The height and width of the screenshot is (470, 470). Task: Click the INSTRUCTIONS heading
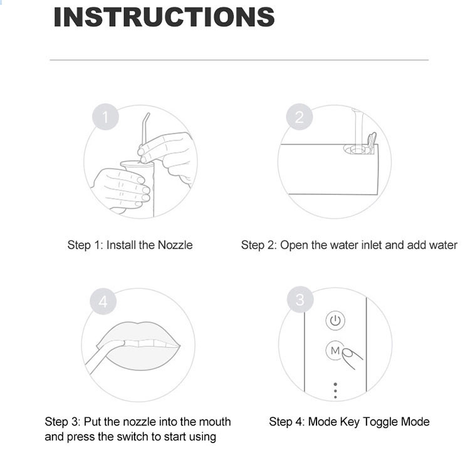click(x=164, y=17)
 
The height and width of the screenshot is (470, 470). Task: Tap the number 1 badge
click(x=105, y=117)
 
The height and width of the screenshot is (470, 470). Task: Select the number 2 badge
click(x=300, y=117)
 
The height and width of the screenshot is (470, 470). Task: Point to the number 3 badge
click(x=300, y=300)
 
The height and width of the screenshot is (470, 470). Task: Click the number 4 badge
click(x=103, y=301)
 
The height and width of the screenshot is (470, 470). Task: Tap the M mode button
click(x=335, y=350)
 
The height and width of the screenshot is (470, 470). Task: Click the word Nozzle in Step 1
click(x=175, y=245)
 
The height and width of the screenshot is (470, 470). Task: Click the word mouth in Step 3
click(x=215, y=422)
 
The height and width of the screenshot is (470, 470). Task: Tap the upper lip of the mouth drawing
click(x=139, y=332)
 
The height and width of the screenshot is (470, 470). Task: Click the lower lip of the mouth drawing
click(x=141, y=360)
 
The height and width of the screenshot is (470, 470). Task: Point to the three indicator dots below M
click(x=335, y=390)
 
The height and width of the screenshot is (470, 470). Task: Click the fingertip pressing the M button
click(x=348, y=353)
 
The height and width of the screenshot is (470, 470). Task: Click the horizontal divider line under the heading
click(x=239, y=60)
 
